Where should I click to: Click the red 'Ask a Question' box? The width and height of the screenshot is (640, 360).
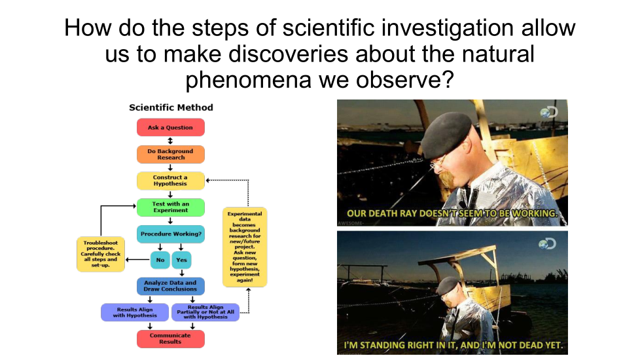(x=171, y=128)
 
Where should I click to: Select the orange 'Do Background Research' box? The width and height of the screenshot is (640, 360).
(x=171, y=154)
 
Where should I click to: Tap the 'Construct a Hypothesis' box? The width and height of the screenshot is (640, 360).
(x=171, y=181)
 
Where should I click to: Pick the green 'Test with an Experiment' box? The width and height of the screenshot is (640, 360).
(x=171, y=207)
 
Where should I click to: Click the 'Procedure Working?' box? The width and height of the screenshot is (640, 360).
(x=171, y=234)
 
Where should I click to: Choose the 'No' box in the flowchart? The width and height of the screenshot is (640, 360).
(x=160, y=260)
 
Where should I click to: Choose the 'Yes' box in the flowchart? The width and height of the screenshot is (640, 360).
(x=182, y=260)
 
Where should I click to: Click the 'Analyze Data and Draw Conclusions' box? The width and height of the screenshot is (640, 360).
(x=171, y=286)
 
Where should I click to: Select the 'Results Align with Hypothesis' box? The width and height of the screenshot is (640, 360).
(x=135, y=312)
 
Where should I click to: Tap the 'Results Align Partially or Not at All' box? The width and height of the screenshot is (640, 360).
(x=205, y=312)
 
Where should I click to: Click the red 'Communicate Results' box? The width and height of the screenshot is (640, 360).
(x=171, y=339)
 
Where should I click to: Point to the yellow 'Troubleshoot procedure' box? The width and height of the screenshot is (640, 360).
(x=101, y=254)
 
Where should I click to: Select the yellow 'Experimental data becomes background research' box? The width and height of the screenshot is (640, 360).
(x=245, y=247)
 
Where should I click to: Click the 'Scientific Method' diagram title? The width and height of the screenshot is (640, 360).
(x=171, y=107)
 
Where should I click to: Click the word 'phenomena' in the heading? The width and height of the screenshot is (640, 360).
(x=248, y=80)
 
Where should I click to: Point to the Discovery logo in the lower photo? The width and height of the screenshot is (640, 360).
(x=547, y=243)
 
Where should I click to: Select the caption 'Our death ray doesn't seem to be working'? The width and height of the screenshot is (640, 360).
(x=452, y=213)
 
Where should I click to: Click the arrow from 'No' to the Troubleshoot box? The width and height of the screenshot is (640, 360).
(x=138, y=260)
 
